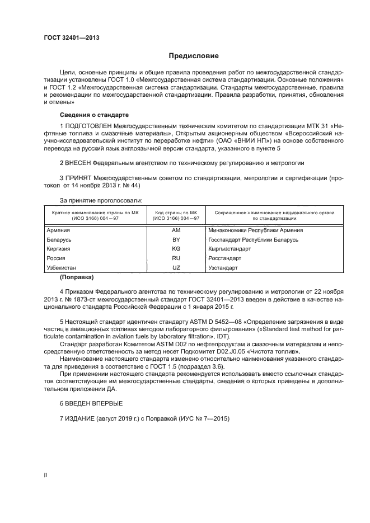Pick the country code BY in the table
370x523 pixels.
(x=176, y=239)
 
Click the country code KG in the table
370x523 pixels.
(x=176, y=249)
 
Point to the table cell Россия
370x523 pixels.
(x=57, y=258)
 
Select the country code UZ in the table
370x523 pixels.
(x=176, y=268)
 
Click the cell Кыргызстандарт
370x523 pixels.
(x=230, y=249)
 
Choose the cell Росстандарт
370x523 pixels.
(x=224, y=258)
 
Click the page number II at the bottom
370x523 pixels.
(x=46, y=475)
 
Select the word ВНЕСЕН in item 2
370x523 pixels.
(x=78, y=163)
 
